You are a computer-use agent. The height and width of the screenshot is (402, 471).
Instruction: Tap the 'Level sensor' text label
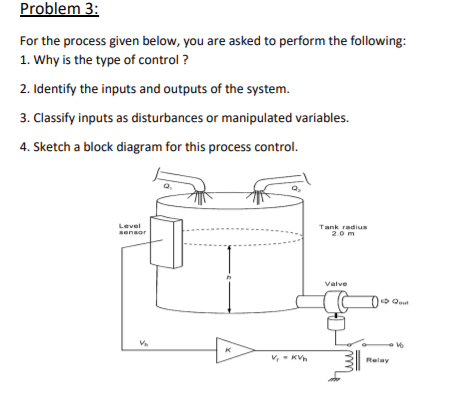[x=130, y=229]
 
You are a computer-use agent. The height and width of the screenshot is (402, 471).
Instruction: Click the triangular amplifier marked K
[x=233, y=350]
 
